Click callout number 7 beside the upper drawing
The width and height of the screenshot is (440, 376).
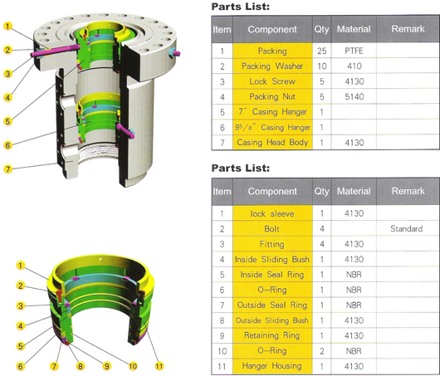[7, 169]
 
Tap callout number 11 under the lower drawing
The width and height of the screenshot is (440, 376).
[159, 366]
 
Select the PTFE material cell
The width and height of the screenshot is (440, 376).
[354, 51]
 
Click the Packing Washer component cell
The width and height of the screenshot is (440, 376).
[272, 66]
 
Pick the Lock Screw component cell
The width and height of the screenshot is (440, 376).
[272, 81]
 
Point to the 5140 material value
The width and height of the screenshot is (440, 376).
[354, 97]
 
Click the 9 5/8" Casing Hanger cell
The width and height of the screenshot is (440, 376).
[272, 127]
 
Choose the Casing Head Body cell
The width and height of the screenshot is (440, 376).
[272, 142]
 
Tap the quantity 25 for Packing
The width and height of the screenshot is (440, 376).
[322, 51]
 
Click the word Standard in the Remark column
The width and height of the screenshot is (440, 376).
[407, 229]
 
